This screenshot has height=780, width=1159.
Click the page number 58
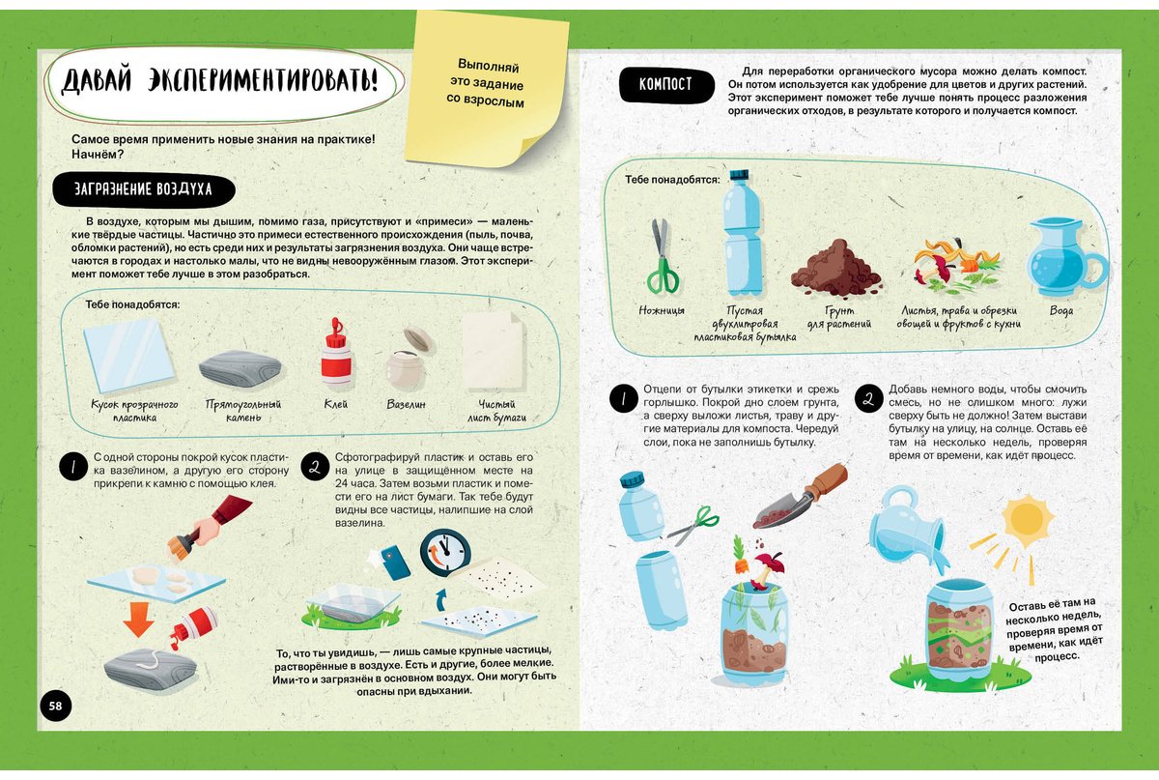[x=55, y=706]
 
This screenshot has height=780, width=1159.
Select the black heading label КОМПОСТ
[x=665, y=84]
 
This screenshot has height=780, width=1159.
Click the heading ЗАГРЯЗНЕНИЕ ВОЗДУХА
[x=144, y=189]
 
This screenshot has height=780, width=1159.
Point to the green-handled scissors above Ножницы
[x=662, y=256]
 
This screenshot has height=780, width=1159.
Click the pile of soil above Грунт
[x=836, y=270]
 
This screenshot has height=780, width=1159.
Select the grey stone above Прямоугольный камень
[x=240, y=368]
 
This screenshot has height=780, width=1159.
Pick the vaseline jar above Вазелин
[x=409, y=359]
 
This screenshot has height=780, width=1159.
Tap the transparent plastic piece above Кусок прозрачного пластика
[x=128, y=356]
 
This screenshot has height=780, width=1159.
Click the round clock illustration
[x=445, y=553]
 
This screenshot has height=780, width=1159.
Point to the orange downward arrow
[x=138, y=619]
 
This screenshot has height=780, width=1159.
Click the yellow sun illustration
[x=1027, y=520]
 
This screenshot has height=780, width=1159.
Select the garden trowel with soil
[x=800, y=496]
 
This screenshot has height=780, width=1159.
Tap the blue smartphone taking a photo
[x=396, y=562]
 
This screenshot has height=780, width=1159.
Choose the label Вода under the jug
[x=1061, y=310]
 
